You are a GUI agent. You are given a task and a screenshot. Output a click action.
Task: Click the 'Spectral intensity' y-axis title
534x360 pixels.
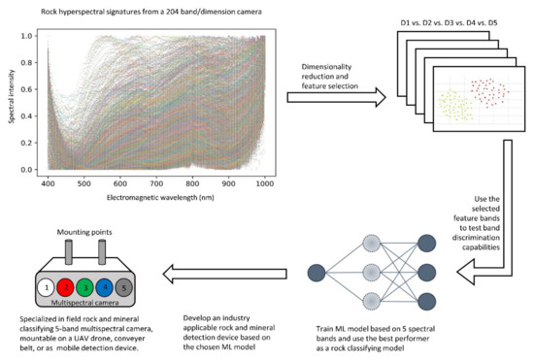[x=13, y=102]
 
